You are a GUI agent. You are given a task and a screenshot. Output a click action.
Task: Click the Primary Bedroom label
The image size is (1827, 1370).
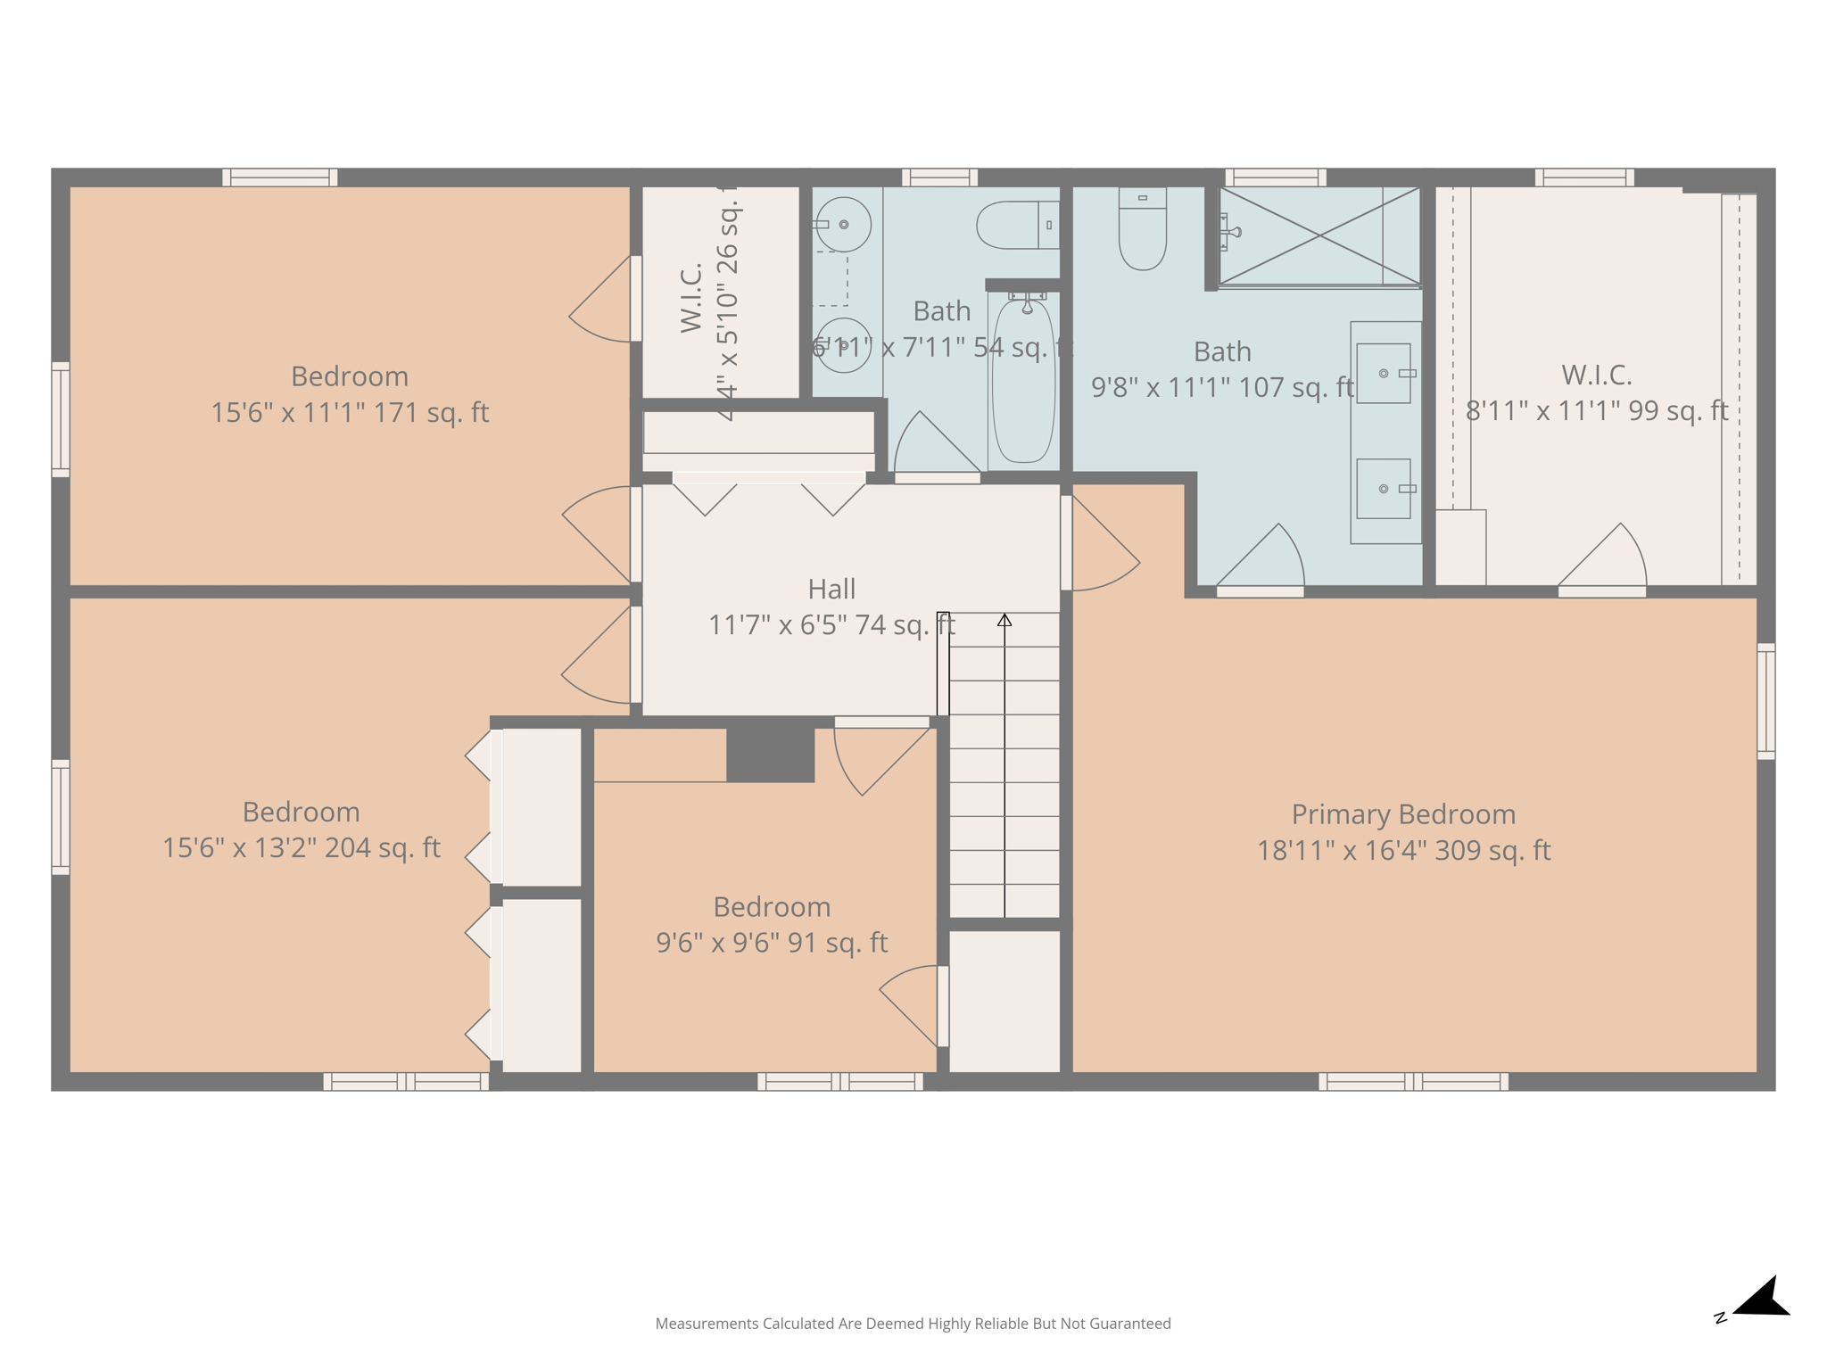[x=1403, y=814]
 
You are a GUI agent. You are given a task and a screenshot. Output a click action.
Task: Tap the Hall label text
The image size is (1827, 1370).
[x=831, y=589]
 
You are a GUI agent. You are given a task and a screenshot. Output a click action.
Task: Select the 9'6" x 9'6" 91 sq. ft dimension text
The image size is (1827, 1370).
[x=772, y=943]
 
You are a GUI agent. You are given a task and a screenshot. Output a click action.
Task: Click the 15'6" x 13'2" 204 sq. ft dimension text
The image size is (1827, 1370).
[x=301, y=847]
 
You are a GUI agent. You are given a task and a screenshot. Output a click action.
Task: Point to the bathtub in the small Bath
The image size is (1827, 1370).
[x=1023, y=382]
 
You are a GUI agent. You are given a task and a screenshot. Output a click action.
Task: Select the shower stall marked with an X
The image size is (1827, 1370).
[x=1319, y=236]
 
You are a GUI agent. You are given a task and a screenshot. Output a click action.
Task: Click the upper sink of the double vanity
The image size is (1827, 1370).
[x=1384, y=373]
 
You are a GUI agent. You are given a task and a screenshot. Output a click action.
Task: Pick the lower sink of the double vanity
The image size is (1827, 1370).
[x=1384, y=489]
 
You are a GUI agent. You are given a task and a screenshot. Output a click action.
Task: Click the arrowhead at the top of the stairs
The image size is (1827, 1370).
[x=1004, y=620]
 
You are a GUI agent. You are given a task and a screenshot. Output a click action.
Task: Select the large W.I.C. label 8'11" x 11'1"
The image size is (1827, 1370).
[x=1596, y=392]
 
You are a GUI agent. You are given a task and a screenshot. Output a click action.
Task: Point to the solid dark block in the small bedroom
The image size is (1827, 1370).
[x=770, y=755]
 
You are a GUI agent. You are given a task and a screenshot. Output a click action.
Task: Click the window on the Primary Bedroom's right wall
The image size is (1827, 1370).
[x=1765, y=701]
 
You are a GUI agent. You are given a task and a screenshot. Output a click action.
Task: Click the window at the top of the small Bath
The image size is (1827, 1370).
[x=939, y=177]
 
